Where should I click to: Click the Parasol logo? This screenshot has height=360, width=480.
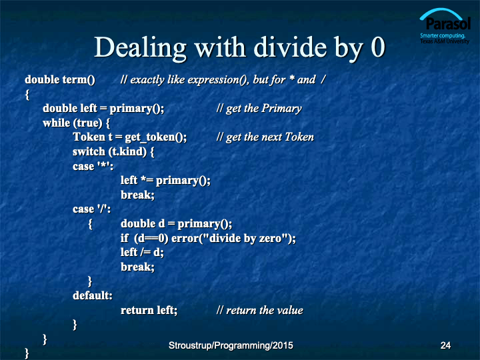pos(445,26)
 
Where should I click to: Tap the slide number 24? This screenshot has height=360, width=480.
pos(445,345)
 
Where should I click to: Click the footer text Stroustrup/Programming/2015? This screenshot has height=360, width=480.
pos(231,345)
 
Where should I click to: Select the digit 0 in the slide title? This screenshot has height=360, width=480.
pos(378,47)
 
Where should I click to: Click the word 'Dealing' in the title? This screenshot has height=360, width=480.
pos(140,48)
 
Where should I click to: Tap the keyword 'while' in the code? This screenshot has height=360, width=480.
pos(57,123)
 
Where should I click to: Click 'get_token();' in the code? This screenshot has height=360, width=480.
pos(156,137)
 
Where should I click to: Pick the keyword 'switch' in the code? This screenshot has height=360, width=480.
pos(89,151)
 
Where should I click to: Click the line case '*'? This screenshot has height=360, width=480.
pos(93,166)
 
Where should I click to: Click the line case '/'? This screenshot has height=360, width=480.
pos(91,209)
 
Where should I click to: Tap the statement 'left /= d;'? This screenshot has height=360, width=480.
pos(143,252)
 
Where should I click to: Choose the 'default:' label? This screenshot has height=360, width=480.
pos(93,295)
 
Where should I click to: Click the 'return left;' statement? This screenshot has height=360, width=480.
pos(149,310)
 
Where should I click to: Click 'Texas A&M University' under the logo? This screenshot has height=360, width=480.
pos(445,41)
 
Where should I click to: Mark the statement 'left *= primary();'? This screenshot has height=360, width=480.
pos(165,181)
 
